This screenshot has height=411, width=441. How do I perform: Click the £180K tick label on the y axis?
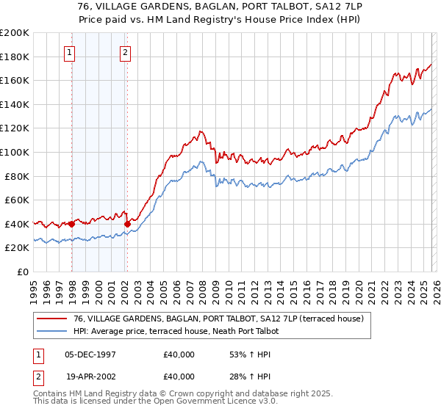tap(15, 57)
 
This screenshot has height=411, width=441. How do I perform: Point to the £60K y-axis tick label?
tap(17, 200)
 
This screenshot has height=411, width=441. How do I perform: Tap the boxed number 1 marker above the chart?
tap(69, 52)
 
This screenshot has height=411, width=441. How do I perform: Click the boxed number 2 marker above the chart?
tap(126, 52)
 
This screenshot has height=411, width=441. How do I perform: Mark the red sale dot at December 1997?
tap(72, 224)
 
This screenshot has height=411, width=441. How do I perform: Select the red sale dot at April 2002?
tap(127, 224)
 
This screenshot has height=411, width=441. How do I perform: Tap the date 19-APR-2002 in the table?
tap(89, 377)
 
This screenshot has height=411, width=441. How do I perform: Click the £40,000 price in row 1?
tap(179, 354)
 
